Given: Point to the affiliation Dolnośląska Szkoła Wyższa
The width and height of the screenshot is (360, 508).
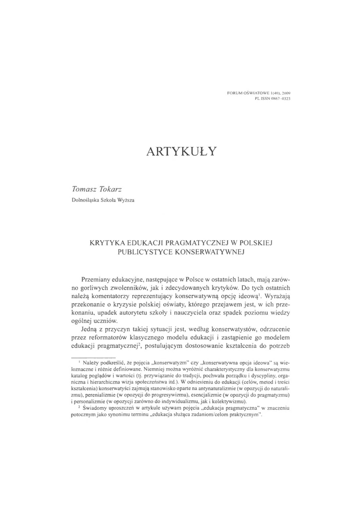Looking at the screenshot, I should pos(103,200).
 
